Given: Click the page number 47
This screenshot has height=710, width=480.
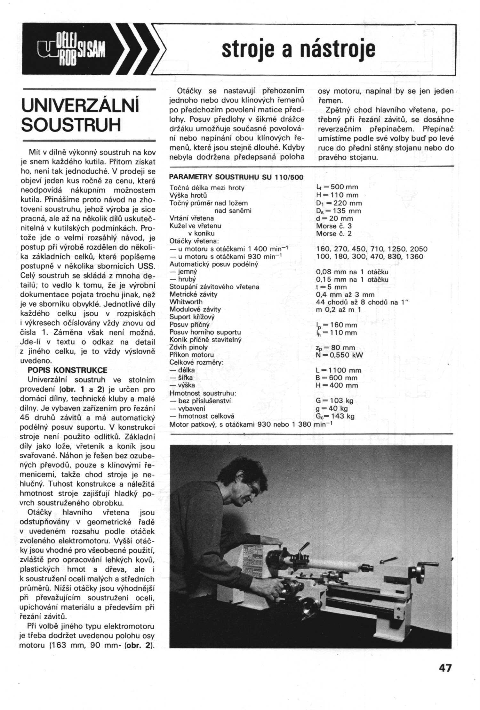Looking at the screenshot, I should pyautogui.click(x=445, y=668).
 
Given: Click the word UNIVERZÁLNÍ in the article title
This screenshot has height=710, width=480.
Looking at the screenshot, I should pyautogui.click(x=80, y=105).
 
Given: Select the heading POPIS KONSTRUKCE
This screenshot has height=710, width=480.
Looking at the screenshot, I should pyautogui.click(x=68, y=370).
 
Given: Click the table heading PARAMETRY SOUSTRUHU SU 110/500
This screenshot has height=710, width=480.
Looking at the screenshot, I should pyautogui.click(x=236, y=177).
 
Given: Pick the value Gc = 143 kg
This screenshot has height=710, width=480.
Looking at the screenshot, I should pyautogui.click(x=335, y=416).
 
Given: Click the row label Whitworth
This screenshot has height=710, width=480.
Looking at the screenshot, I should pyautogui.click(x=186, y=302).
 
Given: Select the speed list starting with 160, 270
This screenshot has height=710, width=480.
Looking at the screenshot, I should pyautogui.click(x=372, y=249).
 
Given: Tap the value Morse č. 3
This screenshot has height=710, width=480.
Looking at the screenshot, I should pyautogui.click(x=334, y=226).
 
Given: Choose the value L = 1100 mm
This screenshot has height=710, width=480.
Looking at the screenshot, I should pyautogui.click(x=338, y=370).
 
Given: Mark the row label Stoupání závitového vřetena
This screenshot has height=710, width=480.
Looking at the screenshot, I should pyautogui.click(x=214, y=287).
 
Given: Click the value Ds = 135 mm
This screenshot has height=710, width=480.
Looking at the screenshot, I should pyautogui.click(x=338, y=211).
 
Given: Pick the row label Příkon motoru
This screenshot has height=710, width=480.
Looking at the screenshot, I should pyautogui.click(x=191, y=355).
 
